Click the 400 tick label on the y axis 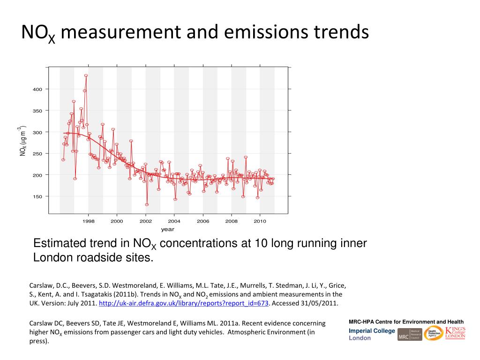pyautogui.click(x=37, y=90)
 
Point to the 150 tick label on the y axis pyautogui.click(x=37, y=196)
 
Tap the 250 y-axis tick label pyautogui.click(x=37, y=154)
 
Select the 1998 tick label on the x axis pyautogui.click(x=88, y=221)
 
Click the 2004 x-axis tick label pyautogui.click(x=174, y=221)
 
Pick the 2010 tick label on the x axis pyautogui.click(x=260, y=221)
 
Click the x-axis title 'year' pyautogui.click(x=167, y=229)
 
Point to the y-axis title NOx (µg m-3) pyautogui.click(x=22, y=141)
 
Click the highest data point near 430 pyautogui.click(x=86, y=75)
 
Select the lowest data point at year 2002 pyautogui.click(x=147, y=204)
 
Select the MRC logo pyautogui.click(x=409, y=334)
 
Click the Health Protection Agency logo pyautogui.click(x=433, y=333)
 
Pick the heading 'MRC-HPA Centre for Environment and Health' pyautogui.click(x=406, y=322)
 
